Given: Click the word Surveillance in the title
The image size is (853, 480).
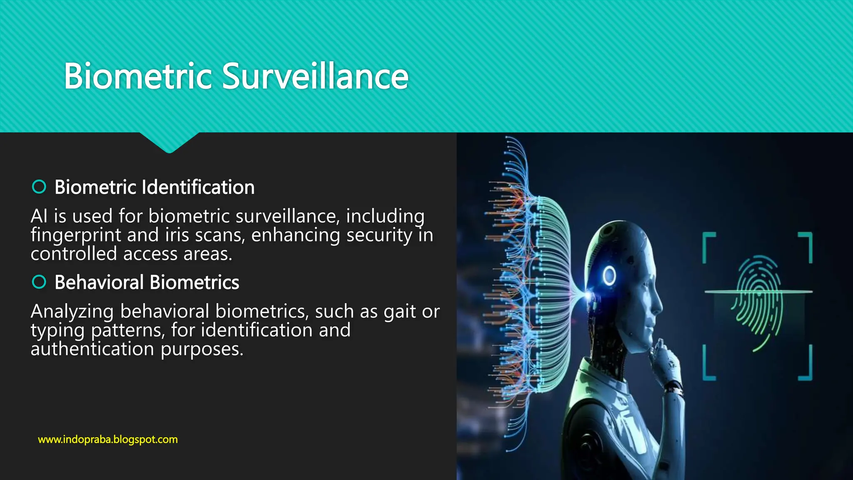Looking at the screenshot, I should [315, 76].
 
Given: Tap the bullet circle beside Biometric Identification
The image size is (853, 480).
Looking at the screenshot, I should [39, 187].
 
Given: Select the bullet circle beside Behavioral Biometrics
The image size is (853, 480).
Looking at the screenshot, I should [39, 282].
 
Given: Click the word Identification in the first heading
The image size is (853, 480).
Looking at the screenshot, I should [198, 187].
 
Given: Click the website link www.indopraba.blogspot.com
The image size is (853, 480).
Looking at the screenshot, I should [108, 440].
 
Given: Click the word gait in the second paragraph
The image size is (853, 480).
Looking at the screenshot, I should [399, 312].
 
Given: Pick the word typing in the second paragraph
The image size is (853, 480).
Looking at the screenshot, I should [57, 331].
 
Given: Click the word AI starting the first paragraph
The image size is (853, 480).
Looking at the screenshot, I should [39, 216].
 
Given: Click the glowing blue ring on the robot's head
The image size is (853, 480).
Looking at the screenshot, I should [609, 275].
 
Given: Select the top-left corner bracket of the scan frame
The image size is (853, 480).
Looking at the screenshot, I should [708, 246].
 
